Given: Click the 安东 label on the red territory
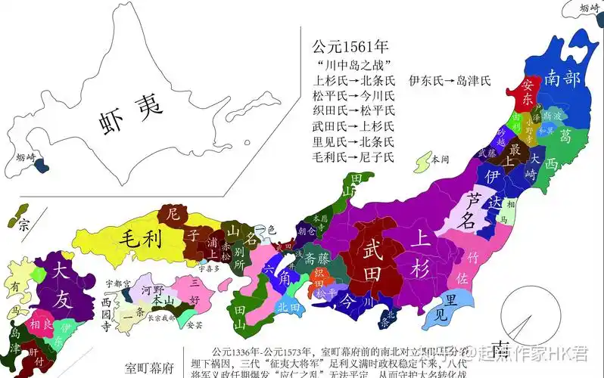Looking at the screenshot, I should [x=528, y=91].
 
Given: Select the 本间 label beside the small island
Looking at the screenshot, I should [x=439, y=160].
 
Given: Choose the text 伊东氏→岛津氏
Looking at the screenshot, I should [x=450, y=79].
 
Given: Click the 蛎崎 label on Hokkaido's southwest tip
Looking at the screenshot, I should [x=30, y=158].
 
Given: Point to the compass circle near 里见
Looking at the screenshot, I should [x=528, y=307].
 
